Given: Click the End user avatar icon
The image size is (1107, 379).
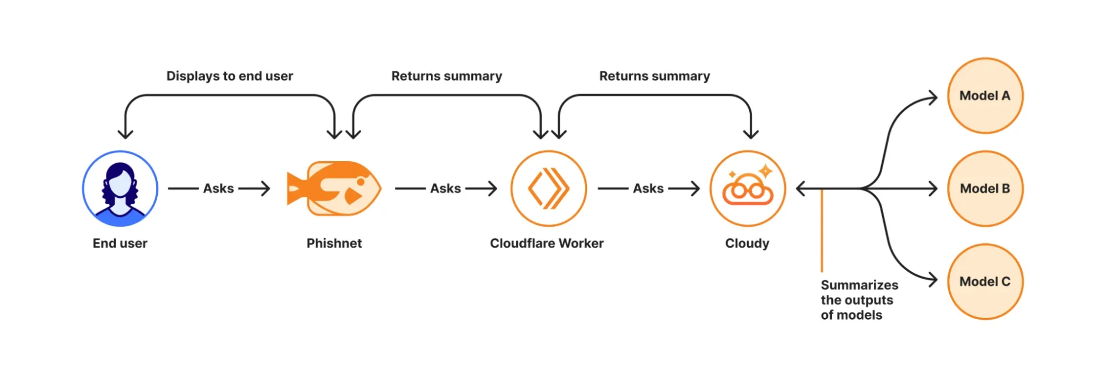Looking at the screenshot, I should point(120,188).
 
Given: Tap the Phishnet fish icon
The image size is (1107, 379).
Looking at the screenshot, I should point(334,188).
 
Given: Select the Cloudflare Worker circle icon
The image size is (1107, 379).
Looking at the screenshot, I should point(548,188).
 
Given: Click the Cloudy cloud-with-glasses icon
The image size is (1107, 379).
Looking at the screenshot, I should point(748,188).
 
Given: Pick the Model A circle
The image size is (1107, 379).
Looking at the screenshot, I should point(985,96).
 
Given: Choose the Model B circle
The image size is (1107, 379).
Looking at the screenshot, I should point(985,188).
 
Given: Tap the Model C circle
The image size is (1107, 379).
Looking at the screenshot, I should point(985,281).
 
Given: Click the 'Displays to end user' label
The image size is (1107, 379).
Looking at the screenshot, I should point(230,76).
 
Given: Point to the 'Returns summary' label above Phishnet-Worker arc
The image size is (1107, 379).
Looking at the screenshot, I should point(446,76).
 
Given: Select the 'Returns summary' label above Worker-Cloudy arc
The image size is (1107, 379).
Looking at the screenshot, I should point(655,76).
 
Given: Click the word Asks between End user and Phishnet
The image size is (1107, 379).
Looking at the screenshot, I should point(218,188).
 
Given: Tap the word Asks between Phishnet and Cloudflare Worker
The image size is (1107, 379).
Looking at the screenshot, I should point(445,188).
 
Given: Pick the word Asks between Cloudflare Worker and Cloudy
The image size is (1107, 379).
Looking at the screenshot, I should point(648,188).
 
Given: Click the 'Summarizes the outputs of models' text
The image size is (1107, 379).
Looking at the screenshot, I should point(858,300).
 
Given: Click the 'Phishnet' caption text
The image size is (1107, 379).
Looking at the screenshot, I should point(334,243).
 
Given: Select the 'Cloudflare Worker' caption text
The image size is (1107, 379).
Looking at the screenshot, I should point(547,243).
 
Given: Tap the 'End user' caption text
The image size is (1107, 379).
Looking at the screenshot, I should point(120,243).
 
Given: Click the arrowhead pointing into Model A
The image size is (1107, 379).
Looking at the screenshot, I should point(934,98).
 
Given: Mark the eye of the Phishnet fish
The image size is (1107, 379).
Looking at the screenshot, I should point(361,181).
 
